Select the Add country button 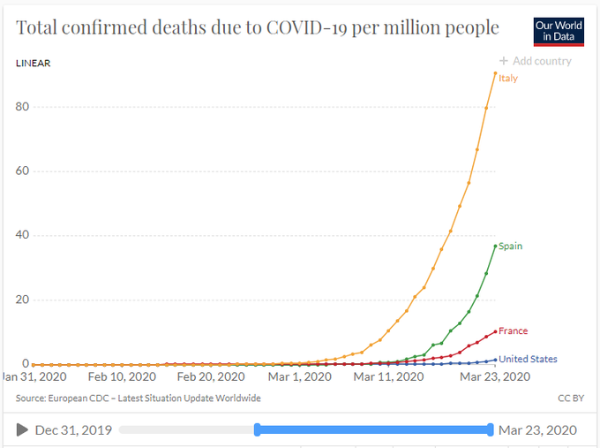click(535, 61)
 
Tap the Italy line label click(508, 79)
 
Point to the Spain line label click(510, 247)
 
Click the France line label click(513, 331)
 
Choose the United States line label click(528, 360)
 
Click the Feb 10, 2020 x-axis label click(122, 377)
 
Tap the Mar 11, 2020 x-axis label click(389, 377)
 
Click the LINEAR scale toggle click(34, 64)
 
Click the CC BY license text click(571, 399)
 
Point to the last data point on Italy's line click(495, 73)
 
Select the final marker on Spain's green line click(495, 245)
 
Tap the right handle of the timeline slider click(490, 429)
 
